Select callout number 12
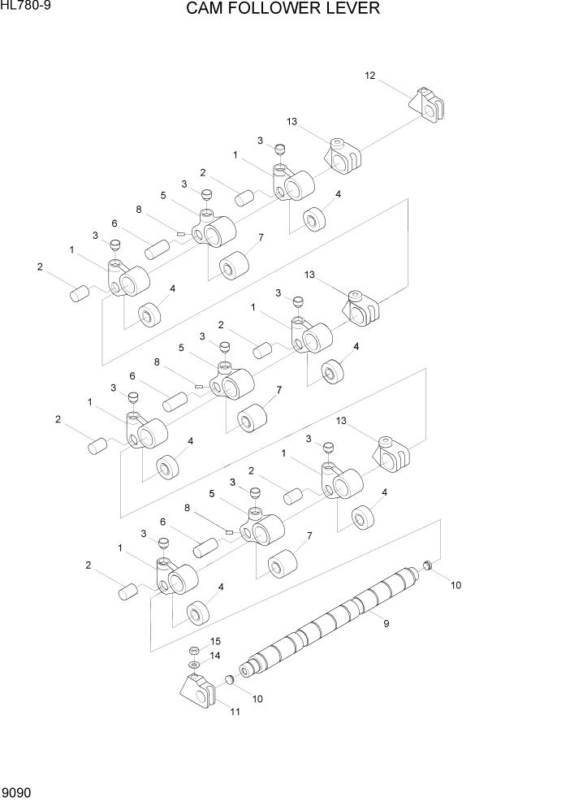pyautogui.click(x=370, y=76)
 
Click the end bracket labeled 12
pyautogui.click(x=428, y=104)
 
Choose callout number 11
pyautogui.click(x=235, y=713)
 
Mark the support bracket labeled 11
pyautogui.click(x=199, y=691)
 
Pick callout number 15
pyautogui.click(x=215, y=641)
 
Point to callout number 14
pyautogui.click(x=215, y=655)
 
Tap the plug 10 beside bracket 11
pyautogui.click(x=230, y=679)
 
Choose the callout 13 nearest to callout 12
pyautogui.click(x=291, y=121)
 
